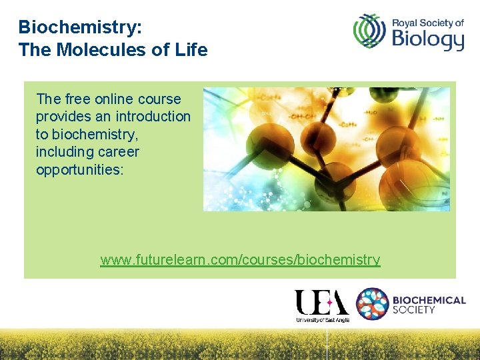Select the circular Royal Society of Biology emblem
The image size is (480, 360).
point(369,31)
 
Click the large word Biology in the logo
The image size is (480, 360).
point(427,40)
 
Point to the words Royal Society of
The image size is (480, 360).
point(427,22)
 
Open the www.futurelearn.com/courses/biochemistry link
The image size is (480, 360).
point(240,260)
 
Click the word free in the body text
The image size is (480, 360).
point(79,99)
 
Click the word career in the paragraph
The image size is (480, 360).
point(118,152)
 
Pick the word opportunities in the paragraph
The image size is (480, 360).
point(79,169)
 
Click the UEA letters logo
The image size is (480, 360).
point(322,303)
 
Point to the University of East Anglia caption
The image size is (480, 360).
point(323,320)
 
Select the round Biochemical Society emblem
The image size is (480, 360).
point(373,304)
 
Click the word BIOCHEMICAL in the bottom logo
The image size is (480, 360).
point(429,300)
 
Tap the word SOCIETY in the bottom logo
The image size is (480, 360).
point(414,310)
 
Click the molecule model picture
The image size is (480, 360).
point(326,149)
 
